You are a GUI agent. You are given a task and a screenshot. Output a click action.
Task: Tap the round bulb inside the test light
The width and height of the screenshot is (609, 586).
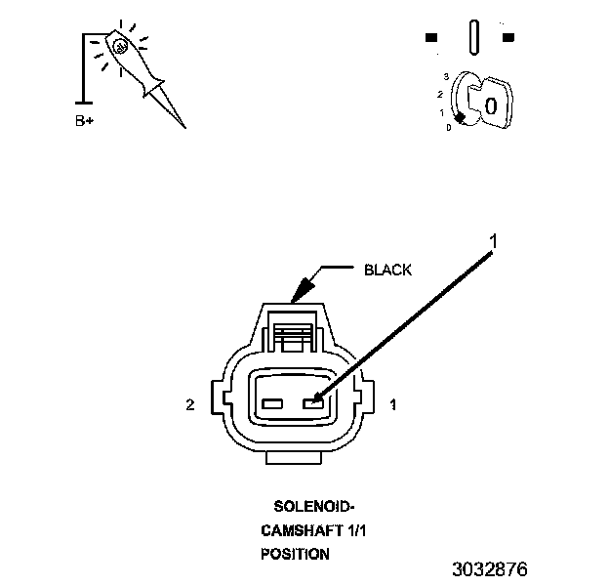click(x=120, y=45)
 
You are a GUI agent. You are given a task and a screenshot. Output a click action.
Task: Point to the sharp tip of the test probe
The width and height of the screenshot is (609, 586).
click(x=182, y=126)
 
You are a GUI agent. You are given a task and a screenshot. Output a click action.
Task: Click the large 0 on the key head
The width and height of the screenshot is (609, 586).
click(x=490, y=105)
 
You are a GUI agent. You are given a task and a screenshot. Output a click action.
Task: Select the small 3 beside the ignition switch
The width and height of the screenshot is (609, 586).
click(x=446, y=75)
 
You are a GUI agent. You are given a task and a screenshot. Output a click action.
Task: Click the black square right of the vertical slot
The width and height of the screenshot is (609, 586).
click(x=507, y=38)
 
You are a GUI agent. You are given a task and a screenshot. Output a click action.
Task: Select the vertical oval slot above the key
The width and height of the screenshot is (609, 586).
click(x=473, y=37)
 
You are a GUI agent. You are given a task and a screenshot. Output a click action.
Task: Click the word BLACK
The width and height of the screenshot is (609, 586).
click(x=387, y=270)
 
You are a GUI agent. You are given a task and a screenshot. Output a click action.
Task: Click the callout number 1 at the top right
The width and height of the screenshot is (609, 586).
click(x=495, y=238)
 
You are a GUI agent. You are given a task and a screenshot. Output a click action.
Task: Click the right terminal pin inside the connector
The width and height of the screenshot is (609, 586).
click(x=314, y=402)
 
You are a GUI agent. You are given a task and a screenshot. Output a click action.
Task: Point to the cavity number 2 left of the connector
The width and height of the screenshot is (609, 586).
click(x=191, y=402)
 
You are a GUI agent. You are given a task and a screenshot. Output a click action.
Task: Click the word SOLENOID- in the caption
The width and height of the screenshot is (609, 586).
click(x=313, y=507)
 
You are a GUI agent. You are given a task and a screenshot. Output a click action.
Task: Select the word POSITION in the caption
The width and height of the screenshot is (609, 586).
click(x=295, y=553)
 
